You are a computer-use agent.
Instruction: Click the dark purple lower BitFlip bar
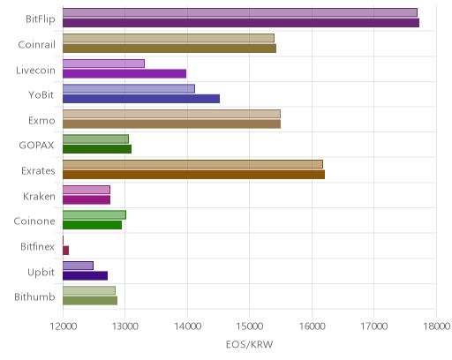click(x=241, y=23)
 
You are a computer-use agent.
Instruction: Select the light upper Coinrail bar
click(x=169, y=38)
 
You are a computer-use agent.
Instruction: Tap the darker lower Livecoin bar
click(x=124, y=73)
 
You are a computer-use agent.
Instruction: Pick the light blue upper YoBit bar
click(x=129, y=89)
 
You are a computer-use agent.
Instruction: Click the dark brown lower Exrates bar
click(x=193, y=175)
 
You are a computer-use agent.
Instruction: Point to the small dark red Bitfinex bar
click(x=65, y=251)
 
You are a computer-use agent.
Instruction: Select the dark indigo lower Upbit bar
click(x=85, y=276)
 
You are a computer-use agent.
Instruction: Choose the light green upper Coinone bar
click(x=94, y=215)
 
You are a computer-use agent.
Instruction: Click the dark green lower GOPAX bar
click(x=97, y=149)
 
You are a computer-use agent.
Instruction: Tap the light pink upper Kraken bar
click(x=87, y=190)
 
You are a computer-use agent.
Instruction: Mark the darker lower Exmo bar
click(x=171, y=124)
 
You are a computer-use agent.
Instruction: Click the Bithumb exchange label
click(x=34, y=296)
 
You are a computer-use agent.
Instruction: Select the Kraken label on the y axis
click(x=39, y=196)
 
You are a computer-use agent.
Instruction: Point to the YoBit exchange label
click(x=41, y=95)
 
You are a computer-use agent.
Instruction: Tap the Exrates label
click(x=38, y=171)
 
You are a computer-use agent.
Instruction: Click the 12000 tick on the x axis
click(x=64, y=326)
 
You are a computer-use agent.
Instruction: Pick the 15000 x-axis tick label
click(x=250, y=326)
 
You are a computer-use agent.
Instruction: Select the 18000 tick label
click(x=436, y=326)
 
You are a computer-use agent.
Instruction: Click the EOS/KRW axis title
click(x=250, y=344)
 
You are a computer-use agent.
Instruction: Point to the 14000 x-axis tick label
click(x=187, y=326)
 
